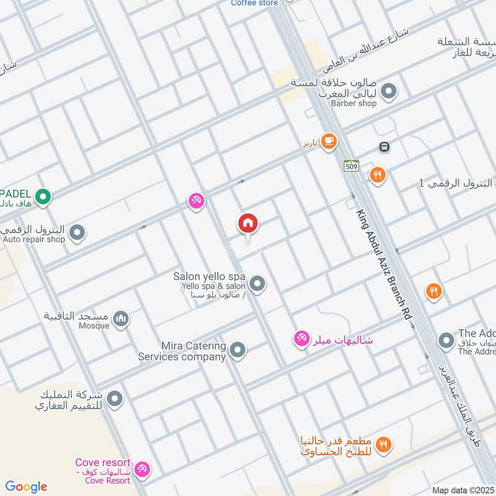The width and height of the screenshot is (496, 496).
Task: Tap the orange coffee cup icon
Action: [x=329, y=142]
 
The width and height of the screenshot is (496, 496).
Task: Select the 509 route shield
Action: [x=351, y=166]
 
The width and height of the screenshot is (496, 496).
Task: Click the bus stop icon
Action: [x=384, y=147]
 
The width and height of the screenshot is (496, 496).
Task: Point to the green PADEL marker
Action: [x=42, y=197]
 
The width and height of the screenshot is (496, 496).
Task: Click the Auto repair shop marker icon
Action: [x=77, y=233]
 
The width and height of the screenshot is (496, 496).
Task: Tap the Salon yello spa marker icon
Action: [x=257, y=285]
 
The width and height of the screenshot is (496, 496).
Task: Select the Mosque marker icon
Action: [x=121, y=319]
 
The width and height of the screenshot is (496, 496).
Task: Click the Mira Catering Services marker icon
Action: [x=237, y=351]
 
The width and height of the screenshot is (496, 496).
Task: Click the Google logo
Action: [x=26, y=487]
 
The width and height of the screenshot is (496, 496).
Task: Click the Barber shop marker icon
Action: [x=389, y=92]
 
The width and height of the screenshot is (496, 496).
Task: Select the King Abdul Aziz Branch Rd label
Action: [x=385, y=264]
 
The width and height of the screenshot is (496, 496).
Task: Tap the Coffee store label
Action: [x=254, y=3]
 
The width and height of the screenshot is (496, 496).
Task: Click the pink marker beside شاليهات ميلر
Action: [x=302, y=339]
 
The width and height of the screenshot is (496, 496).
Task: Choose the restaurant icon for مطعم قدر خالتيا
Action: [x=384, y=444]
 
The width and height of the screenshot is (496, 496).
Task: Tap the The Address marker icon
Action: [x=446, y=340]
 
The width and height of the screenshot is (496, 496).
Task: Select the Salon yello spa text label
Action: [x=210, y=277]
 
